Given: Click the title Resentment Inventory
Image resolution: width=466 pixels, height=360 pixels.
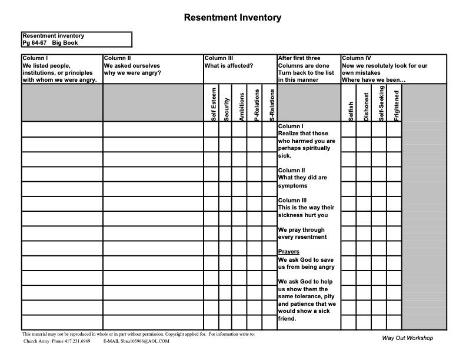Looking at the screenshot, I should tap(232, 18).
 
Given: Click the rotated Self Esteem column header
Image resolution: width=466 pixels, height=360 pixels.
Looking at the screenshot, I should tap(214, 104).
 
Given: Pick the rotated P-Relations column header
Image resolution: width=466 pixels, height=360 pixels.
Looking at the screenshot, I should tap(257, 105).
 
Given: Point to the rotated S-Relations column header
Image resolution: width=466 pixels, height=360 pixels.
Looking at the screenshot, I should tap(271, 105).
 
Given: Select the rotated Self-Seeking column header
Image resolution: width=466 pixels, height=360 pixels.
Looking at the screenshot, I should tap(381, 104).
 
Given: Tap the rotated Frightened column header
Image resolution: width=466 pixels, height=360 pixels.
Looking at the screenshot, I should tap(397, 105).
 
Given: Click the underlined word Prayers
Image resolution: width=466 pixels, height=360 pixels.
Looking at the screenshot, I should tap(288, 252).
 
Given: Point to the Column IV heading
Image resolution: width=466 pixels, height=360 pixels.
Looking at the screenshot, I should tap(357, 58).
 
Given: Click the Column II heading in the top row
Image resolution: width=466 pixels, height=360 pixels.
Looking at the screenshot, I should tap(118, 58).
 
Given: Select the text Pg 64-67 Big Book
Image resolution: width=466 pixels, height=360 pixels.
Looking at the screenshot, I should tap(50, 43).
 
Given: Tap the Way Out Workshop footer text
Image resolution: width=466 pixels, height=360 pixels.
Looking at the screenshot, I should tap(407, 338).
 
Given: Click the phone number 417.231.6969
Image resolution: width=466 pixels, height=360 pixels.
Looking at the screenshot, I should tap(78, 341).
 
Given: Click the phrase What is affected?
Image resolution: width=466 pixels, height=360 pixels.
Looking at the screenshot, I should tap(229, 65).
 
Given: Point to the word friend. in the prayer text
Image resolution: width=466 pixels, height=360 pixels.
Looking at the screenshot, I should tap(287, 319).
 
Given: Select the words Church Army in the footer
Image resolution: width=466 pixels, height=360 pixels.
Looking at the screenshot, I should tap(36, 341).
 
